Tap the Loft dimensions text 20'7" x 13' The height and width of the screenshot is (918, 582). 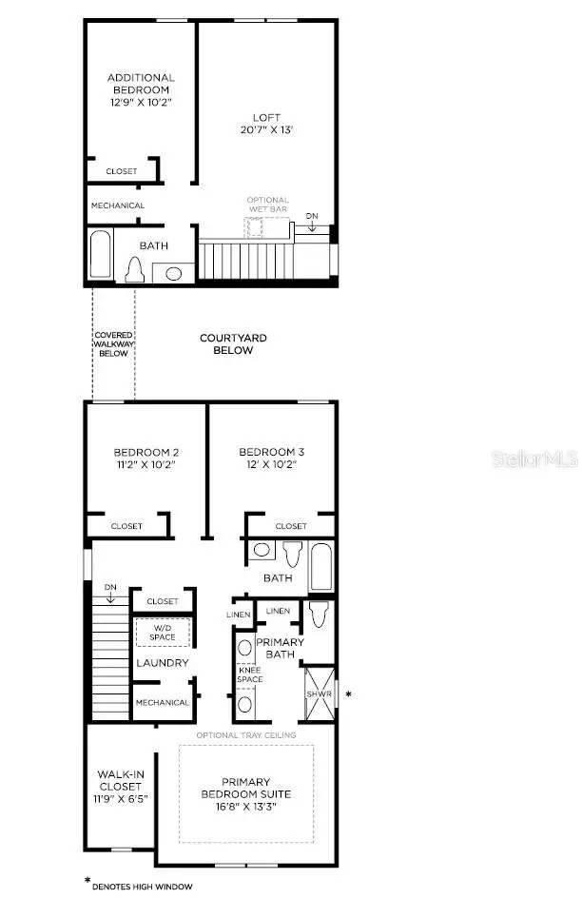coord(265,131)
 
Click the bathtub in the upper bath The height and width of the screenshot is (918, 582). coord(100,254)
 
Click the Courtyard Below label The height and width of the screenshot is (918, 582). coord(233,344)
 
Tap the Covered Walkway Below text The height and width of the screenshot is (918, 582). coord(113,344)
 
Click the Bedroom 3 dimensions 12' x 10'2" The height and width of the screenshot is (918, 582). coord(272,465)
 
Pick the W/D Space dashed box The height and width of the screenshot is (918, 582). coord(162,632)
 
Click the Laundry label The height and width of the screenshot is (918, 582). coord(162,663)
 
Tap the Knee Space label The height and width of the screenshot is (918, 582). coord(249,674)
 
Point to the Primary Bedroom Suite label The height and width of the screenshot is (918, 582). coord(246,788)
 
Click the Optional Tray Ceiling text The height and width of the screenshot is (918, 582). coord(246,735)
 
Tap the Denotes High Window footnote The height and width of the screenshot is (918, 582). coord(142,887)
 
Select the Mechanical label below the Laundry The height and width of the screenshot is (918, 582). coord(162,703)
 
